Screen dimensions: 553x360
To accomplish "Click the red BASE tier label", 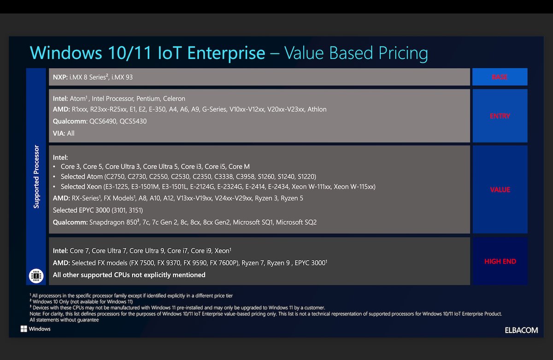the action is pyautogui.click(x=500, y=77).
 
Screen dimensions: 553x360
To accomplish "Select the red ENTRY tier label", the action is pyautogui.click(x=500, y=116).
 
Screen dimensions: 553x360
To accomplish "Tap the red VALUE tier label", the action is pyautogui.click(x=500, y=189).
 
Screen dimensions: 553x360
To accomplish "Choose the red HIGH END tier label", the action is pyautogui.click(x=500, y=261).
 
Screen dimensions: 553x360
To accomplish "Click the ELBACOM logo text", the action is pyautogui.click(x=521, y=330).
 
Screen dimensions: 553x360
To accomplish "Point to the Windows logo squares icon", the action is pyautogui.click(x=24, y=329).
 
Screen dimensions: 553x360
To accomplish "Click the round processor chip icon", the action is pyautogui.click(x=36, y=276).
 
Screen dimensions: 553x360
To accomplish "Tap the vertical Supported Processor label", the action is pyautogui.click(x=36, y=177).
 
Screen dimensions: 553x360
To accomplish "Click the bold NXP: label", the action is pyautogui.click(x=60, y=77).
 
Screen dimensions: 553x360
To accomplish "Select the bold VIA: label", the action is pyautogui.click(x=59, y=133).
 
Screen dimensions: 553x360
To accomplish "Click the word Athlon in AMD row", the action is pyautogui.click(x=317, y=109).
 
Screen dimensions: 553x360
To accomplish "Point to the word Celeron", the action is pyautogui.click(x=174, y=99).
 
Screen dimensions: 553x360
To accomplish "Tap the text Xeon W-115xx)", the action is pyautogui.click(x=354, y=187).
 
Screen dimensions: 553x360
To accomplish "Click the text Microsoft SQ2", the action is pyautogui.click(x=296, y=222).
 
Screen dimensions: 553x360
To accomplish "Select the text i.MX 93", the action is pyautogui.click(x=122, y=77).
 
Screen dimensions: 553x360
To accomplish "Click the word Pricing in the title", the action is pyautogui.click(x=403, y=53).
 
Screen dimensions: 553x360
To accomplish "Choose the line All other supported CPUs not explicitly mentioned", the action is pyautogui.click(x=129, y=275).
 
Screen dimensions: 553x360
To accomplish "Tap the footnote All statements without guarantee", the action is pyautogui.click(x=64, y=320).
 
